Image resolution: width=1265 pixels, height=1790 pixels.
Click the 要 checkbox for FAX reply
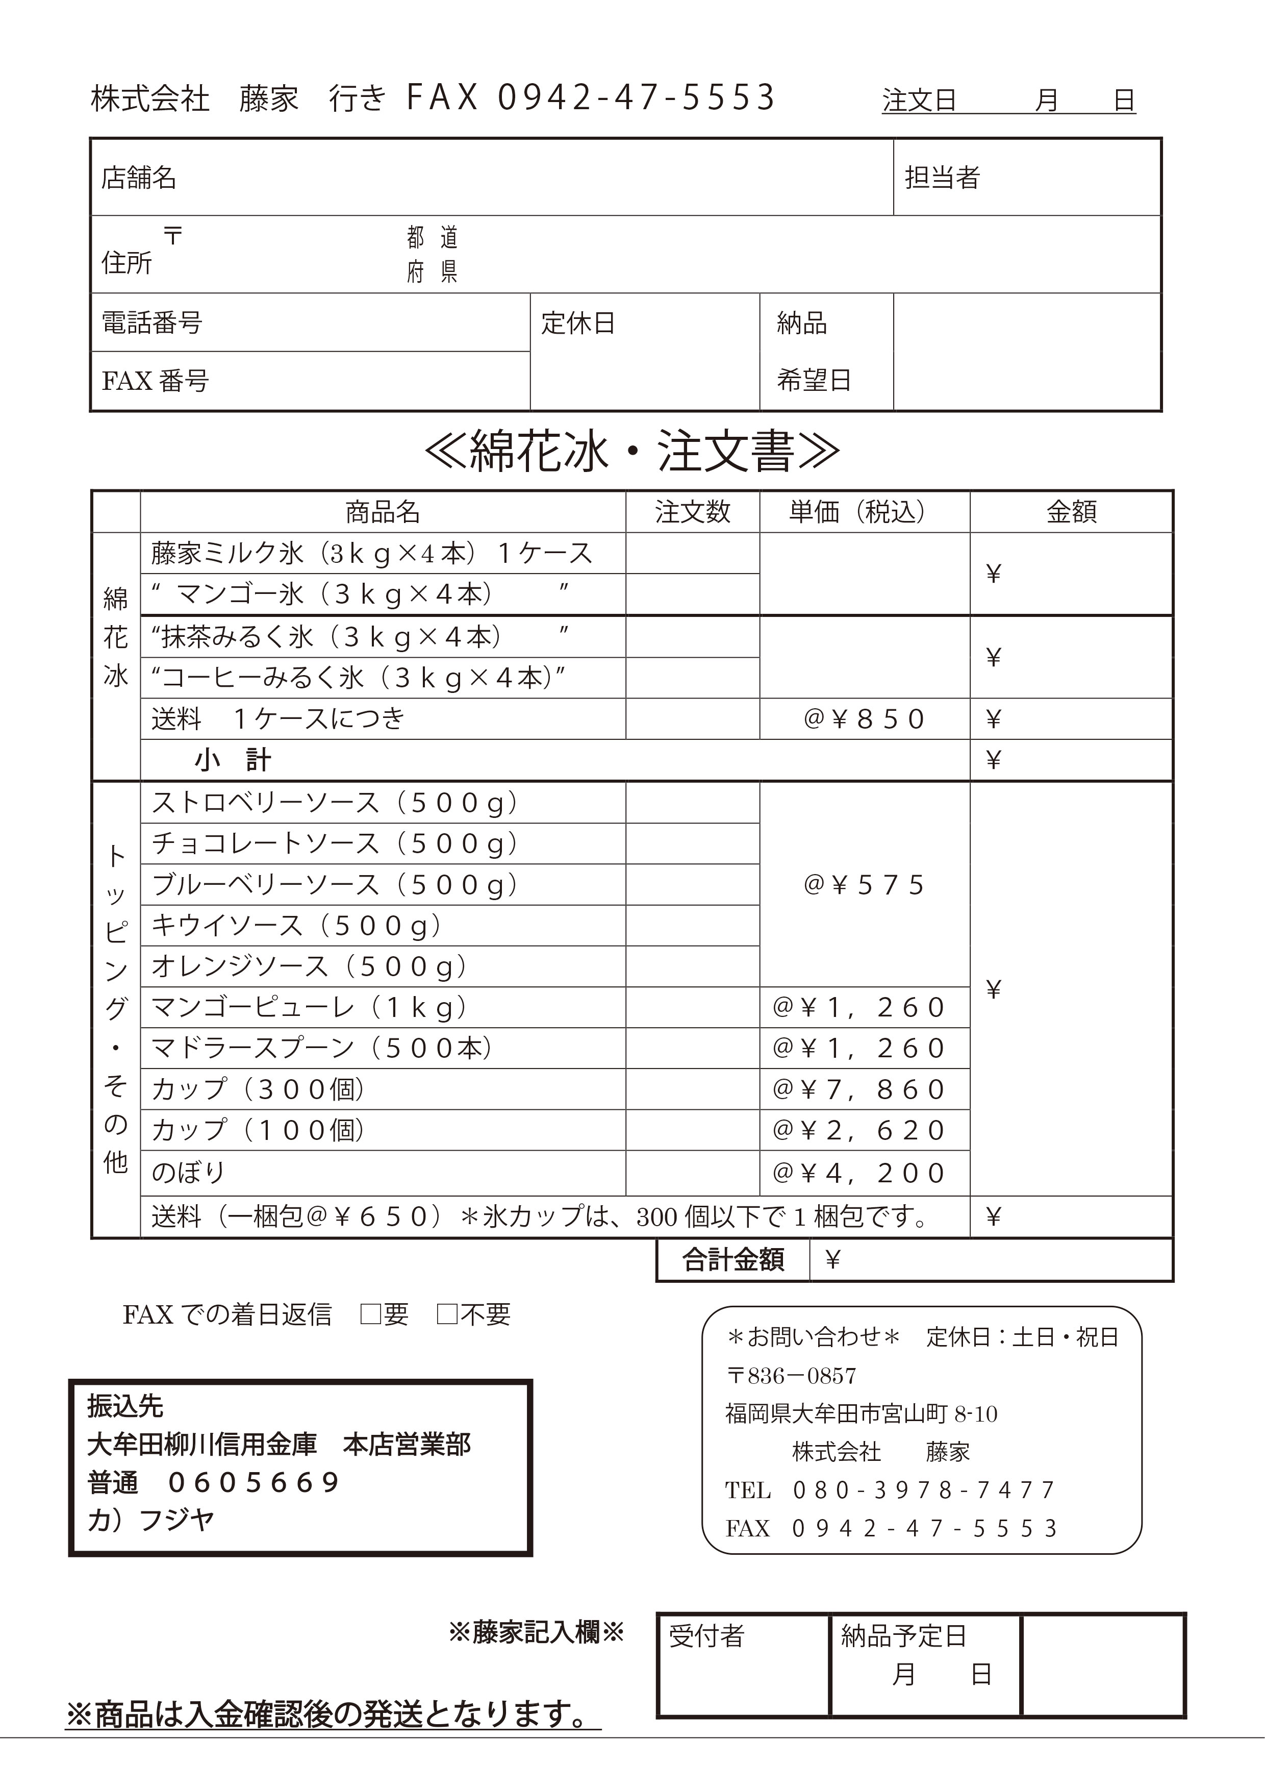[x=369, y=1314]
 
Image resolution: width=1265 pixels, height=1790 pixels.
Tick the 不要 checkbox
[x=447, y=1314]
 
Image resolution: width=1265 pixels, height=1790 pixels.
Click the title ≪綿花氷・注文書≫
[x=631, y=452]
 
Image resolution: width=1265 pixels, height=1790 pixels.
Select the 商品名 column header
[x=383, y=512]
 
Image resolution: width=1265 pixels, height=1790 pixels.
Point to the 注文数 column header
[x=692, y=512]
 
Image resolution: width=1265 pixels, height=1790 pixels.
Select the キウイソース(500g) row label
[x=297, y=926]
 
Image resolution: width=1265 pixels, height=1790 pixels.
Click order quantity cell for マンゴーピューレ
[x=692, y=1007]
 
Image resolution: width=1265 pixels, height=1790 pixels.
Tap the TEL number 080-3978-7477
[x=924, y=1490]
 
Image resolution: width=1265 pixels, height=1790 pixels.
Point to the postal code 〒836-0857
[x=791, y=1376]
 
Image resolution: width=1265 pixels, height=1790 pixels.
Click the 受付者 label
[x=706, y=1635]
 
